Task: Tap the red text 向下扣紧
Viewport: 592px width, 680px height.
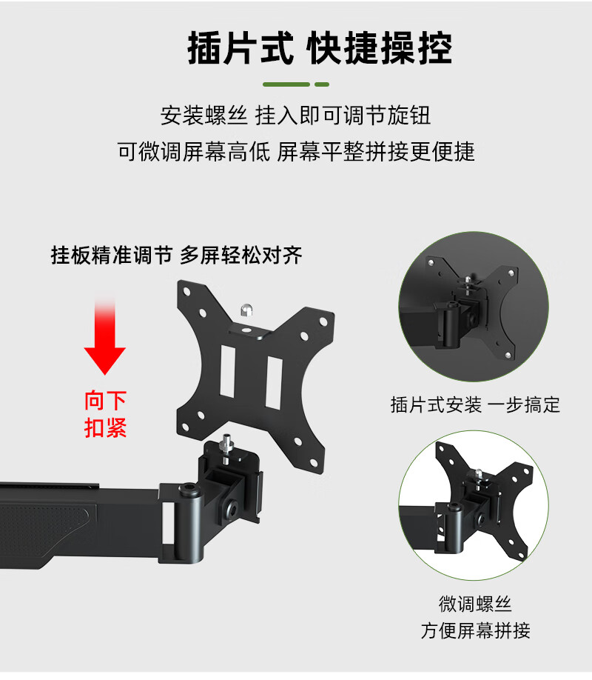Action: tap(105, 414)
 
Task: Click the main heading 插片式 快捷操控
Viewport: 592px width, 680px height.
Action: tap(320, 48)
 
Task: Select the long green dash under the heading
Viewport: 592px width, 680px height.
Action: tap(286, 84)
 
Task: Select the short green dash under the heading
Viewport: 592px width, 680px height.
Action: tap(322, 84)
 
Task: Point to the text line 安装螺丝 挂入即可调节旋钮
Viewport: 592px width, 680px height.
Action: tap(295, 116)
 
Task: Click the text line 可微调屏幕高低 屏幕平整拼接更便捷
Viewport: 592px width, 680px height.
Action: tap(296, 151)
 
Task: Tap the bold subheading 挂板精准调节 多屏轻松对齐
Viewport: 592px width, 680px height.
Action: tap(176, 255)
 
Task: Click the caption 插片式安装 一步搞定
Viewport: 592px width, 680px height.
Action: tap(475, 404)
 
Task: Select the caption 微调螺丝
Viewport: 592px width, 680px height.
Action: tap(475, 604)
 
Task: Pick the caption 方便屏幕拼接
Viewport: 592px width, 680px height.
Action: tap(475, 630)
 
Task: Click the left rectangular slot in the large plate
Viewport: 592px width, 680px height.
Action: tap(227, 371)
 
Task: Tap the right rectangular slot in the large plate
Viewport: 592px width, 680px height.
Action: tap(274, 383)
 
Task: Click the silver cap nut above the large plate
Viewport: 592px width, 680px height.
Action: tap(246, 310)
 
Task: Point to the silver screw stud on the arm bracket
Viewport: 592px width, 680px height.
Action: tap(226, 448)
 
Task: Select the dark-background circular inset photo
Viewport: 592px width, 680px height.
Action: tap(474, 307)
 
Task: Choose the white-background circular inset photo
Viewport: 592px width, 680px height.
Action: tap(474, 505)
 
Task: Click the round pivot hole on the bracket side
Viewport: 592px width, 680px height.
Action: tap(230, 509)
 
